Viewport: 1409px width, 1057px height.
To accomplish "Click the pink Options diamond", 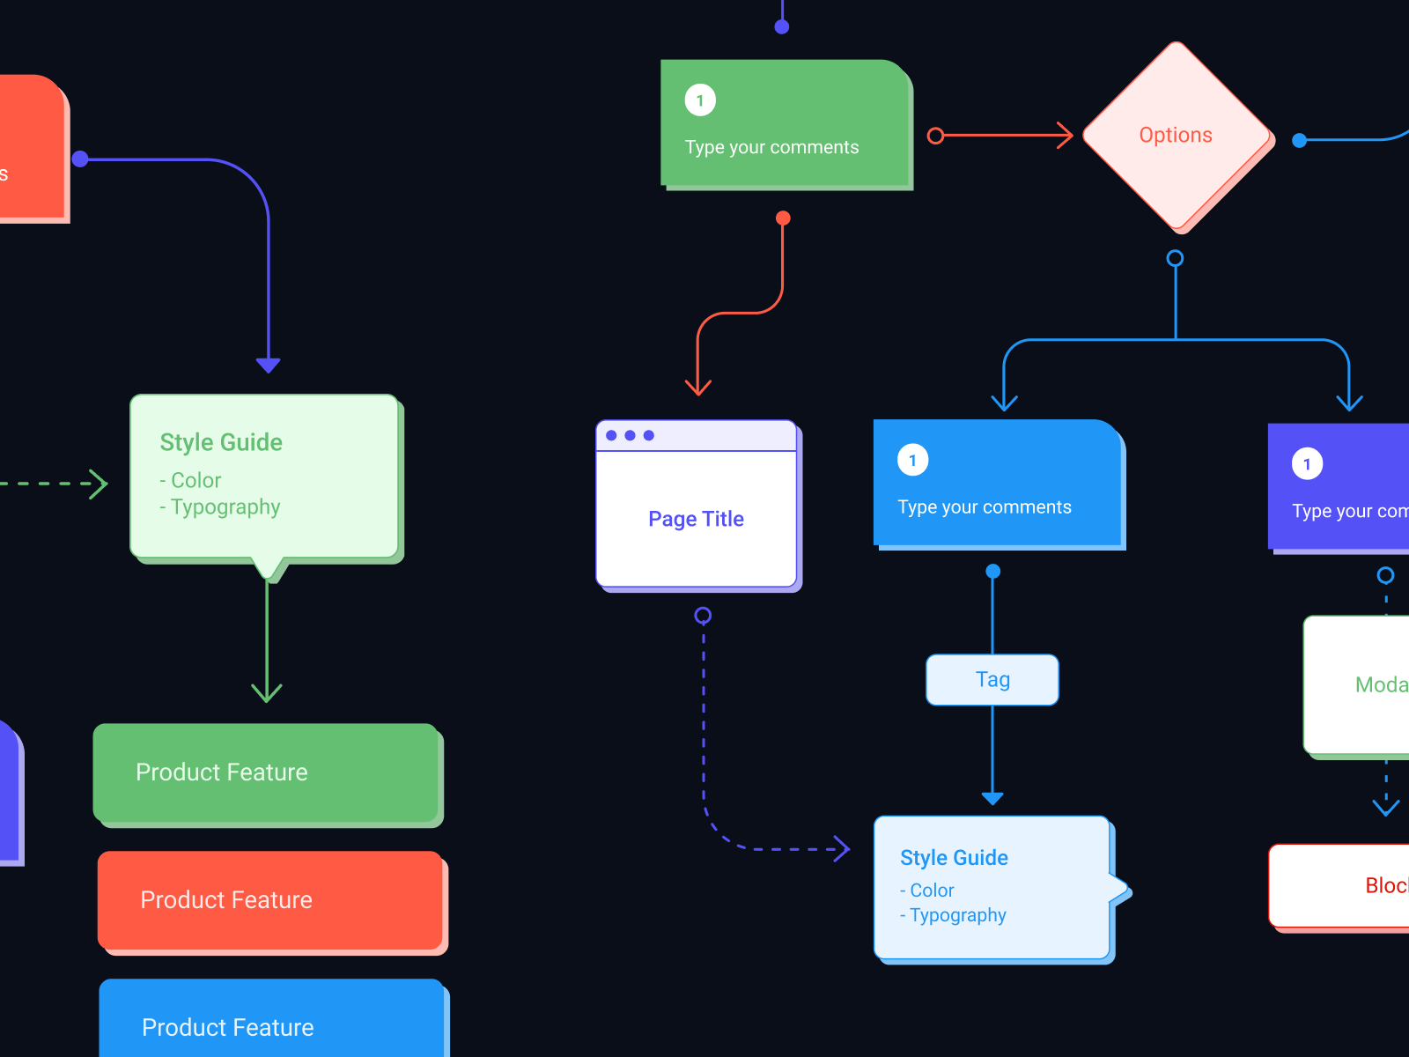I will pyautogui.click(x=1176, y=136).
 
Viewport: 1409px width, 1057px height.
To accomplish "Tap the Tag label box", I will pyautogui.click(x=992, y=680).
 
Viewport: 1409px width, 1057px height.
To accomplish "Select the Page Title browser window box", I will pyautogui.click(x=697, y=518).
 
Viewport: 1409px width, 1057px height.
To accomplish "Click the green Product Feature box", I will pyautogui.click(x=266, y=772).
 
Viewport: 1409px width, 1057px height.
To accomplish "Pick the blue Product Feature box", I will pyautogui.click(x=271, y=1022).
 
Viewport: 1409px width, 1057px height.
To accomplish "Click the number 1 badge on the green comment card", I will pyautogui.click(x=700, y=100).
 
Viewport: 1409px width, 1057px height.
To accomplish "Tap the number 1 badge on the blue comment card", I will pyautogui.click(x=912, y=460).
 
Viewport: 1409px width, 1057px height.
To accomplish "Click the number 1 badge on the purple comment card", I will pyautogui.click(x=1307, y=464).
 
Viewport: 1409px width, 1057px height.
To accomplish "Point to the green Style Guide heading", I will pyautogui.click(x=221, y=442).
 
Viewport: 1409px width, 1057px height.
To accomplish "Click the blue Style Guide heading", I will pyautogui.click(x=954, y=858).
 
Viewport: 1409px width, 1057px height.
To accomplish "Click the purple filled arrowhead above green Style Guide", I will pyautogui.click(x=269, y=365).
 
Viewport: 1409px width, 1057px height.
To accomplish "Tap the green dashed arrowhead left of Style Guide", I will pyautogui.click(x=100, y=484).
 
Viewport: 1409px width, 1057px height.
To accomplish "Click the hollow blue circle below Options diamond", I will pyautogui.click(x=1175, y=258).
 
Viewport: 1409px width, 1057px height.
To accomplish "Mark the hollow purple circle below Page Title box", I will pyautogui.click(x=703, y=615).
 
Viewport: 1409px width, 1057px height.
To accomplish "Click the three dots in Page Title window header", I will pyautogui.click(x=630, y=435).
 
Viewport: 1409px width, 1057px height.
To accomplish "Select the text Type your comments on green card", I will pyautogui.click(x=771, y=147).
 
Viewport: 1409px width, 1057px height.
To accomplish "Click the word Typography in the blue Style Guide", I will pyautogui.click(x=958, y=915).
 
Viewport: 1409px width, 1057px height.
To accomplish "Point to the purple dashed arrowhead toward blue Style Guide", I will pyautogui.click(x=843, y=849).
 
